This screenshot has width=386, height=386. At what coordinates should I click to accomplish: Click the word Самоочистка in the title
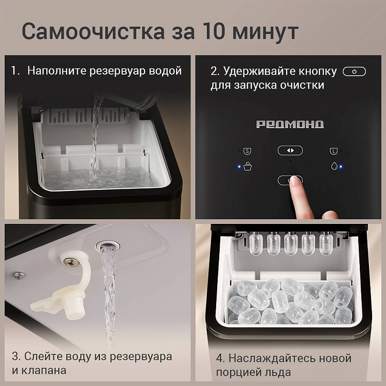(93, 31)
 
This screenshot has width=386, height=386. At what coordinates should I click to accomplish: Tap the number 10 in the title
(213, 31)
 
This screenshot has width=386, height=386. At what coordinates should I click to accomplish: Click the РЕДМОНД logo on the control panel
(290, 125)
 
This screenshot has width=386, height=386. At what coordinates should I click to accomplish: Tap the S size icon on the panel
(247, 151)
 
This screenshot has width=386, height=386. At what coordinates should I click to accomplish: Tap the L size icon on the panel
(334, 151)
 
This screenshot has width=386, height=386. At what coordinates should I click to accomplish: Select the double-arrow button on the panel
(290, 150)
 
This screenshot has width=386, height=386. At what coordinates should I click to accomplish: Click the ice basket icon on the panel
(248, 166)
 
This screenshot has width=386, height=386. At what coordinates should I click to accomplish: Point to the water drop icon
(334, 166)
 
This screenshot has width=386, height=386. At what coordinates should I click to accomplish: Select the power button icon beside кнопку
(354, 72)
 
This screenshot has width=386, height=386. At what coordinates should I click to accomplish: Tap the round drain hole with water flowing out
(108, 245)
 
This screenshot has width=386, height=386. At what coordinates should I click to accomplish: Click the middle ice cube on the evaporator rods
(291, 244)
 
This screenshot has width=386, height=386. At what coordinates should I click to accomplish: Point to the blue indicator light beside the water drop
(341, 167)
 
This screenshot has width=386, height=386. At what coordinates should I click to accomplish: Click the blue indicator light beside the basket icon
(239, 167)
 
